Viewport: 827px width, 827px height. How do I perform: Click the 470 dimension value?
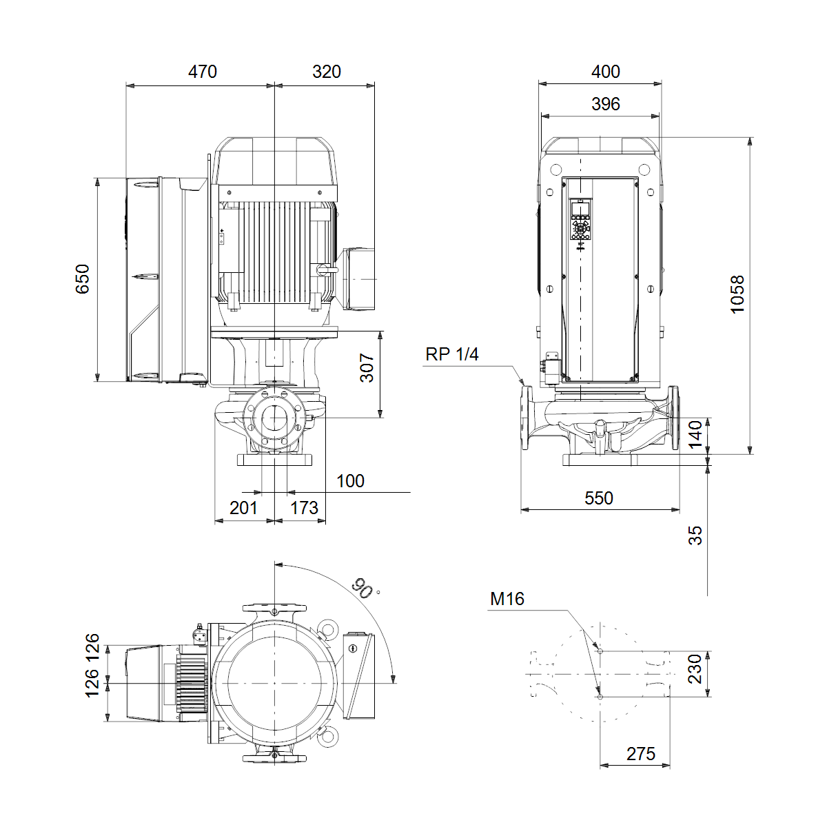pyautogui.click(x=202, y=72)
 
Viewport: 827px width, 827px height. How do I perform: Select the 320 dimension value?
pyautogui.click(x=326, y=72)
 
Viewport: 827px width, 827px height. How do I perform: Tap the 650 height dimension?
pyautogui.click(x=83, y=279)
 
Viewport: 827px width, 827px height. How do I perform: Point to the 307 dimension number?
pyautogui.click(x=367, y=368)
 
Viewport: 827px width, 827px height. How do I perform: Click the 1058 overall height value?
pyautogui.click(x=737, y=294)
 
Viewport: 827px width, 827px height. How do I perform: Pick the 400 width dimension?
pyautogui.click(x=605, y=72)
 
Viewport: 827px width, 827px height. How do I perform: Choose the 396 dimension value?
pyautogui.click(x=605, y=104)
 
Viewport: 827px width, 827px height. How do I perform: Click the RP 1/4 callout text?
pyautogui.click(x=451, y=354)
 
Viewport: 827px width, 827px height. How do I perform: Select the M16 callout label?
pyautogui.click(x=507, y=599)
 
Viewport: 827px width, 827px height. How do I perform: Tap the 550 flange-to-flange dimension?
pyautogui.click(x=599, y=498)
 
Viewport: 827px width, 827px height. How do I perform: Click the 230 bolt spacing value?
pyautogui.click(x=695, y=669)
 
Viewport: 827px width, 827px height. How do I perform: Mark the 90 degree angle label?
pyautogui.click(x=363, y=588)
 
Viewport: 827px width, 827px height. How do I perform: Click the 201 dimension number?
pyautogui.click(x=243, y=508)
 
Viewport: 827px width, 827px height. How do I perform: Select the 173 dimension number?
pyautogui.click(x=305, y=508)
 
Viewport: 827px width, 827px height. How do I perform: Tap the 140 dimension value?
pyautogui.click(x=695, y=434)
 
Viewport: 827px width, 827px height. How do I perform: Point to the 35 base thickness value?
pyautogui.click(x=695, y=535)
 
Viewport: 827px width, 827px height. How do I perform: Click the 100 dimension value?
pyautogui.click(x=350, y=481)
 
